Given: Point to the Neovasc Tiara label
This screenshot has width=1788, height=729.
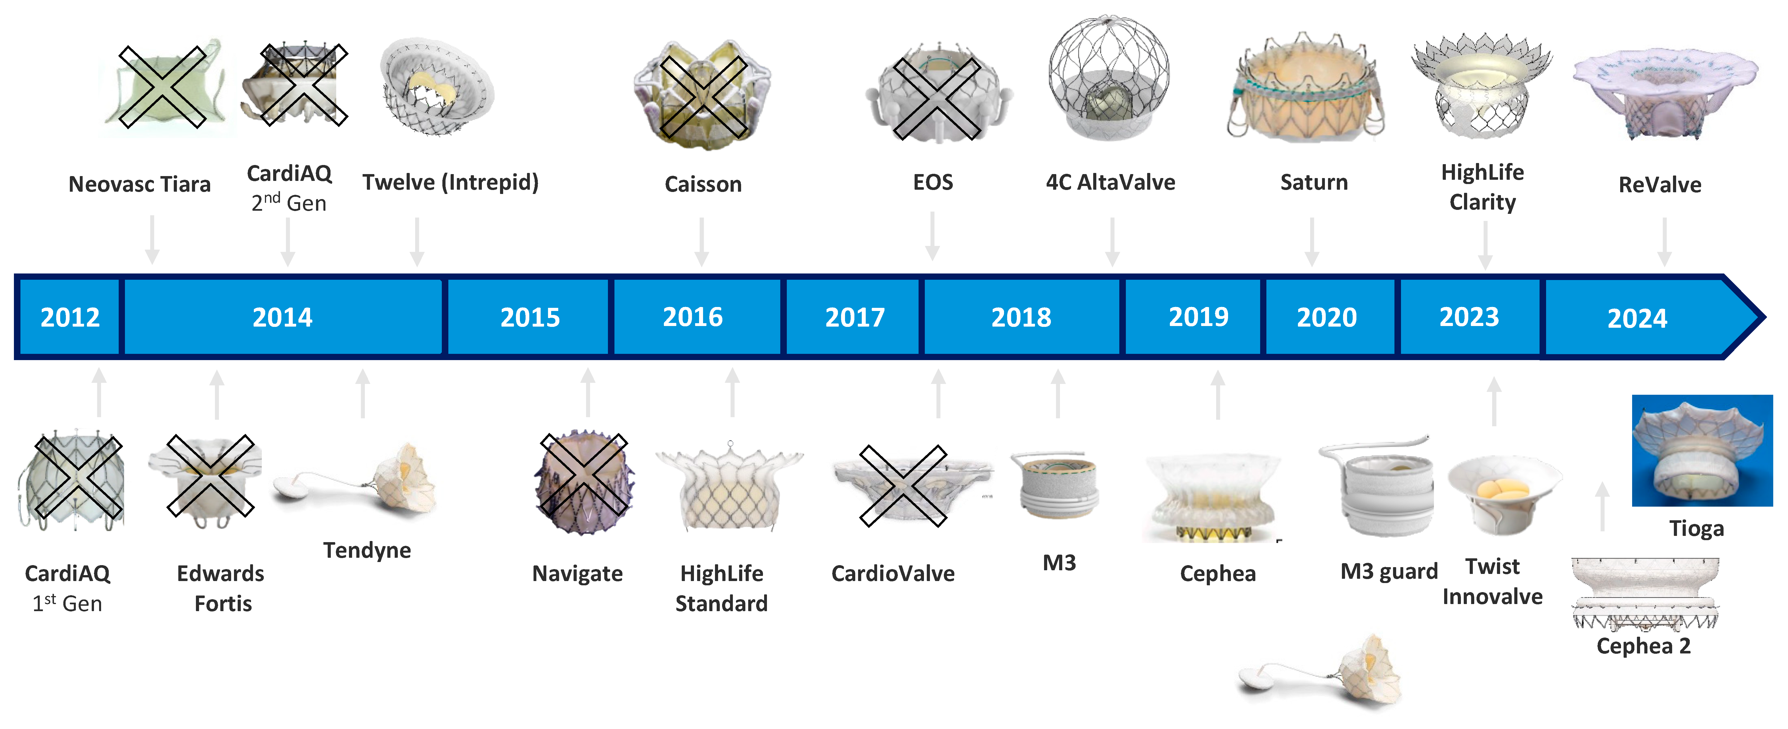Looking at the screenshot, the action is click(x=139, y=184).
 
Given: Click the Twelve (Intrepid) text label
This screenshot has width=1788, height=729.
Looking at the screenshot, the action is click(x=450, y=182).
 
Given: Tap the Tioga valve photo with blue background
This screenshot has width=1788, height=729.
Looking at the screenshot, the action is click(x=1702, y=450).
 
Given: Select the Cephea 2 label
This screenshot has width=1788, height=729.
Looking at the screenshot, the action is click(x=1643, y=646).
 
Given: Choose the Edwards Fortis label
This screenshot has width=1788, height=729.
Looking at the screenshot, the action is click(x=221, y=588).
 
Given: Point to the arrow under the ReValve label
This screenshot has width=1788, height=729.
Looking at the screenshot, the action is click(x=1664, y=242).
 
